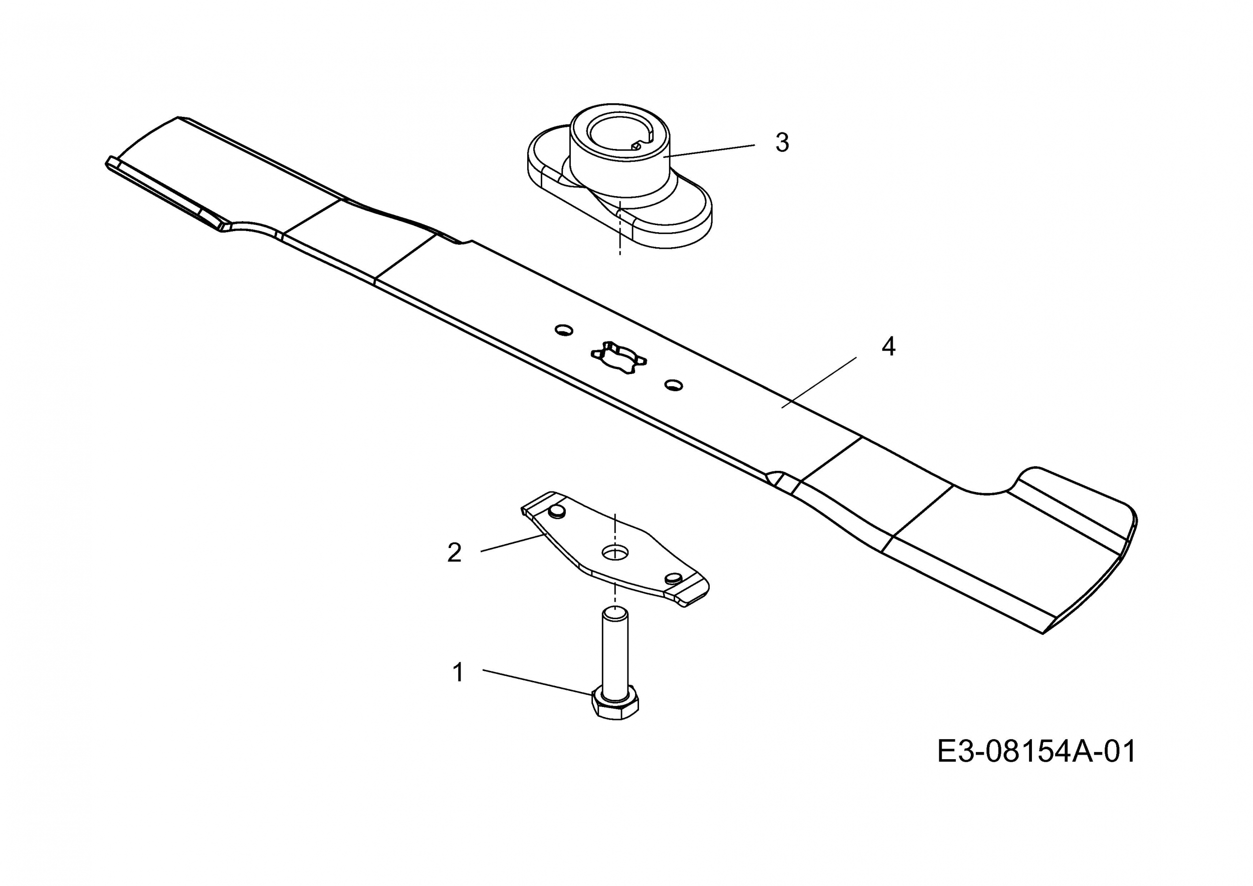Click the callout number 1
pyautogui.click(x=459, y=672)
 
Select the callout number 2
pyautogui.click(x=454, y=553)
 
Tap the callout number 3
pyautogui.click(x=782, y=142)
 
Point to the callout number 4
pyautogui.click(x=889, y=346)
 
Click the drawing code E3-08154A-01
pyautogui.click(x=1036, y=751)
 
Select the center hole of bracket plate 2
pyautogui.click(x=615, y=552)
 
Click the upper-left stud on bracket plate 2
pyautogui.click(x=557, y=511)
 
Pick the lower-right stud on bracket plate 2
pyautogui.click(x=674, y=578)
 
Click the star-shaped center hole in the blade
pyautogui.click(x=619, y=358)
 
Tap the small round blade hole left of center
pyautogui.click(x=564, y=330)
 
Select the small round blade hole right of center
pyautogui.click(x=674, y=386)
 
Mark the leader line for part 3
pyautogui.click(x=710, y=150)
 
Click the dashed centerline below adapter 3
pyautogui.click(x=620, y=229)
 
